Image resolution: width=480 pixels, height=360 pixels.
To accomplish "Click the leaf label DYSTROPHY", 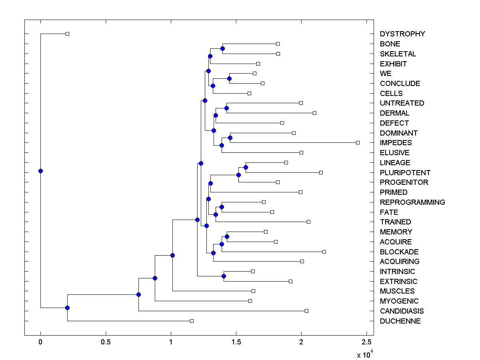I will tap(402, 34).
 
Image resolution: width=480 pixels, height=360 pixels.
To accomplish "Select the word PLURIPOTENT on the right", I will tap(405, 173).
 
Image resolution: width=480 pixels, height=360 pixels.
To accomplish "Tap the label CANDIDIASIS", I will tap(402, 311).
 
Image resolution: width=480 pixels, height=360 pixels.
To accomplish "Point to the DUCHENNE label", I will tap(400, 321).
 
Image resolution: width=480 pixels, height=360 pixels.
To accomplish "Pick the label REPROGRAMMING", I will tap(412, 202).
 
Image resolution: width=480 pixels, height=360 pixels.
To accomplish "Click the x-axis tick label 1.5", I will tap(236, 342).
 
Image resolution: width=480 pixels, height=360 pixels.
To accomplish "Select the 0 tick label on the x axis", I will tap(40, 342).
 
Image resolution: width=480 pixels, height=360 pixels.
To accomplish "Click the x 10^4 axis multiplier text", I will tap(364, 354).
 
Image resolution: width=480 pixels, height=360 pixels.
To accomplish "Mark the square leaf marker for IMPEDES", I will tap(358, 142).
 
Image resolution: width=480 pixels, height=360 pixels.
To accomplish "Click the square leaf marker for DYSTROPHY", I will tap(67, 34).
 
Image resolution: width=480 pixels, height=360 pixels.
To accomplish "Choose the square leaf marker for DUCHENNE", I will tap(192, 321).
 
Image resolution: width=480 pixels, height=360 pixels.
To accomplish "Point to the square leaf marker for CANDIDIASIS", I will tap(306, 311).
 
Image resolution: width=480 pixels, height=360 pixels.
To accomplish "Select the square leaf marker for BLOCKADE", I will tap(324, 252).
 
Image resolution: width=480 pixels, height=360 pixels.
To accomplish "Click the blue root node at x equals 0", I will tap(40, 171).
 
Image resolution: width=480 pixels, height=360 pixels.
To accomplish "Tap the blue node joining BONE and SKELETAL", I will tap(222, 48).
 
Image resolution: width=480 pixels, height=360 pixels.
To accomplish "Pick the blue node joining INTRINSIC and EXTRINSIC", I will tap(224, 276).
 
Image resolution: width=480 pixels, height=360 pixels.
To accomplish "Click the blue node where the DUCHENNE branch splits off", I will tap(67, 308).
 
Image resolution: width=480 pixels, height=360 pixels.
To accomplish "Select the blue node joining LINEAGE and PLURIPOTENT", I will tap(246, 167).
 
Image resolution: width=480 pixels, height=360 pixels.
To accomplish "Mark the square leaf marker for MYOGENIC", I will tap(250, 301).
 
